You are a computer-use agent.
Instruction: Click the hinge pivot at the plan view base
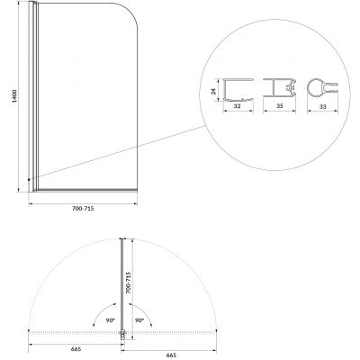tap(122, 336)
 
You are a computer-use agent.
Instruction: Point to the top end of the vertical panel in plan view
tap(122, 239)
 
